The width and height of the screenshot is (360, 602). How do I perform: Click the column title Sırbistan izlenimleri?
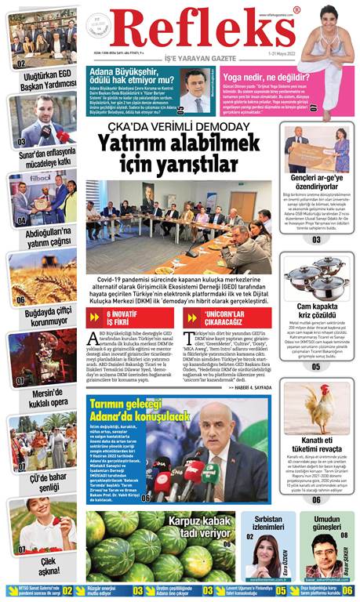pyautogui.click(x=267, y=523)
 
